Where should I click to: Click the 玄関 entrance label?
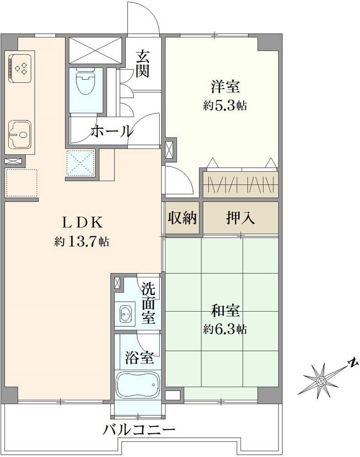(143, 64)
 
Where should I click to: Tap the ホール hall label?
(112, 131)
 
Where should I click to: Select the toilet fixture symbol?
(84, 82)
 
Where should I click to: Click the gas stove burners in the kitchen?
(20, 69)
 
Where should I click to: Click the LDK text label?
(81, 223)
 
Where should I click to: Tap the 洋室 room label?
(225, 86)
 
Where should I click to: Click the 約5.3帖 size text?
(225, 106)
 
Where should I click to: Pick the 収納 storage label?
(182, 218)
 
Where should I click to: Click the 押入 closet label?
(240, 218)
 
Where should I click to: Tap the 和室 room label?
(225, 311)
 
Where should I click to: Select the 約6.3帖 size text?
(225, 329)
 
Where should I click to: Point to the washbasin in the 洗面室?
(125, 314)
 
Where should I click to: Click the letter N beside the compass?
(352, 363)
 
